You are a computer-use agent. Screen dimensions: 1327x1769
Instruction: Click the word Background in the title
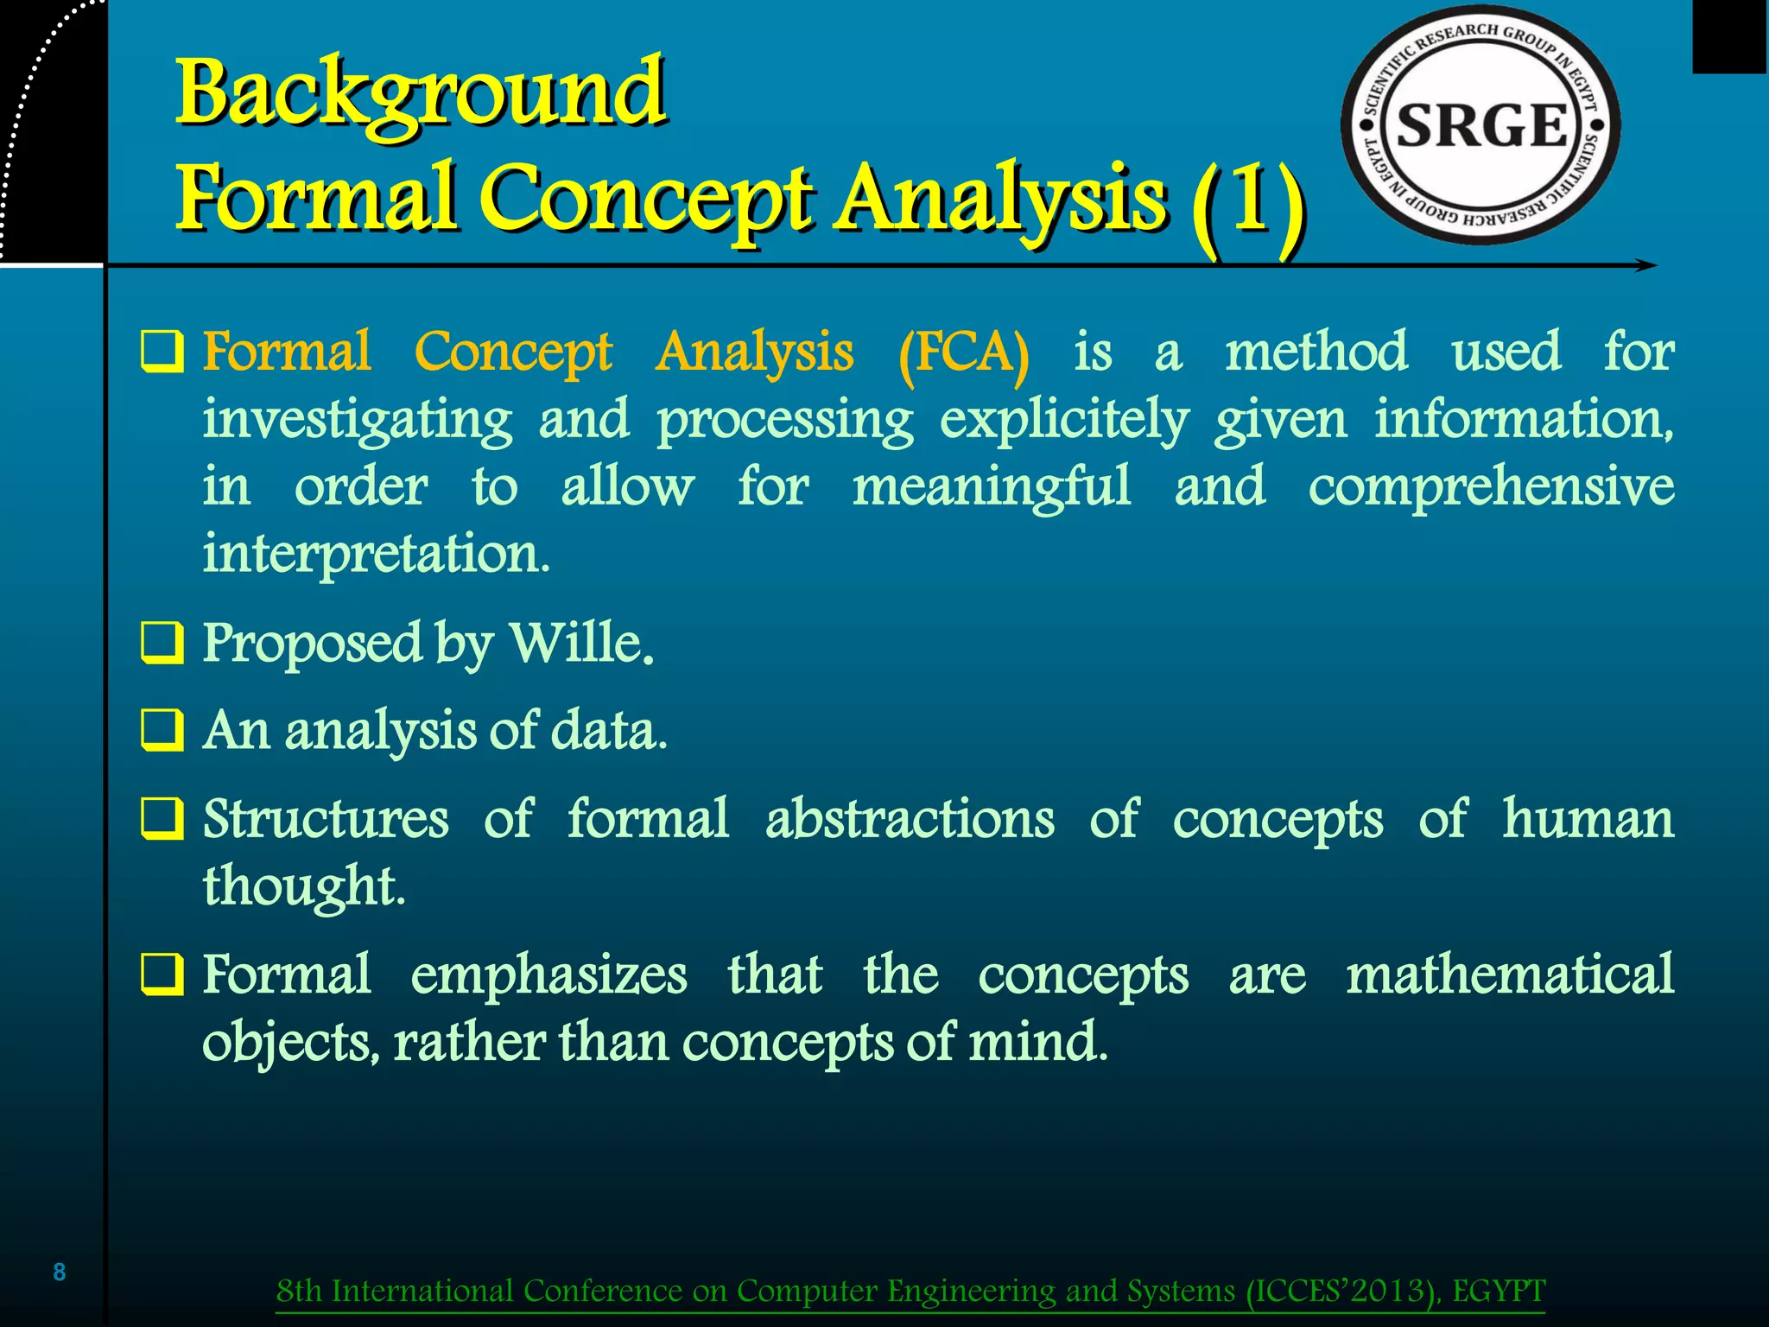pyautogui.click(x=421, y=93)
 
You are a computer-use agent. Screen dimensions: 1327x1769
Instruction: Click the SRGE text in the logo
pyautogui.click(x=1481, y=126)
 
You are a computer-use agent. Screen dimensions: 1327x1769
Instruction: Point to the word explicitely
pyautogui.click(x=1064, y=422)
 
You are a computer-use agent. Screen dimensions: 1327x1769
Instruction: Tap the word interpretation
pyautogui.click(x=376, y=553)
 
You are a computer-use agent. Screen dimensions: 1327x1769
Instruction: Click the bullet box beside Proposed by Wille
pyautogui.click(x=162, y=644)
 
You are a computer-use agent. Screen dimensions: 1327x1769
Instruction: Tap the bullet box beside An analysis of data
pyautogui.click(x=162, y=731)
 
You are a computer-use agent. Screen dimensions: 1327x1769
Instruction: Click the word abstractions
pyautogui.click(x=910, y=818)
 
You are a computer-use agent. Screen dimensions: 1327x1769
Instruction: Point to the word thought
pyautogui.click(x=303, y=886)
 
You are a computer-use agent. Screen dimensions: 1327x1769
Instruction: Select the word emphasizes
pyautogui.click(x=548, y=975)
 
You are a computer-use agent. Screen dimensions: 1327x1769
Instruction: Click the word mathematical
pyautogui.click(x=1509, y=975)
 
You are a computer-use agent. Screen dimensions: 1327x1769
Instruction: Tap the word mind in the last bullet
pyautogui.click(x=1037, y=1042)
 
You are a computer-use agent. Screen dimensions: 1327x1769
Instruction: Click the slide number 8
pyautogui.click(x=60, y=1272)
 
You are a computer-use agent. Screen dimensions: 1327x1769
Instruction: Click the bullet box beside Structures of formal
pyautogui.click(x=162, y=819)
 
